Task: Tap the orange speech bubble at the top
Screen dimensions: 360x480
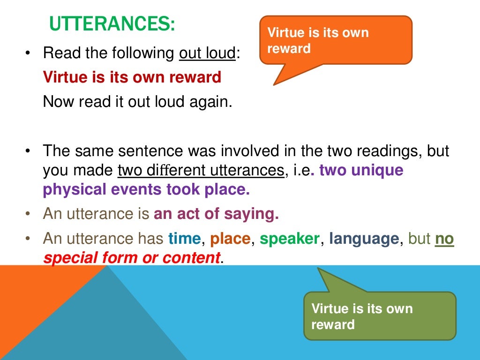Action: click(335, 40)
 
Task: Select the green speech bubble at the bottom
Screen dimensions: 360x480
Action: click(380, 316)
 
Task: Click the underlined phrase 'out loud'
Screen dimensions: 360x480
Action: click(207, 53)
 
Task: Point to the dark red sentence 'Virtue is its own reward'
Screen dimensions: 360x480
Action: click(132, 77)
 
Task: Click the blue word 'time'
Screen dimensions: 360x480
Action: click(185, 239)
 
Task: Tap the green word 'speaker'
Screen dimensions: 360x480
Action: click(290, 239)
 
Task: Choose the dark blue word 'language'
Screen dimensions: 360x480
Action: click(364, 239)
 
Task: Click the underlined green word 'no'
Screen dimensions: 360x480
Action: click(444, 239)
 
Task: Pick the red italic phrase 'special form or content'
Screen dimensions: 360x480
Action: click(131, 257)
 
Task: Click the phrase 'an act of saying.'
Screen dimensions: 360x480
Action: click(216, 214)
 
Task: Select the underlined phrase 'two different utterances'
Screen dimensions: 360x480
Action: click(201, 171)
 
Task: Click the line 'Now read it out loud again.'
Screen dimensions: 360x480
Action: click(137, 101)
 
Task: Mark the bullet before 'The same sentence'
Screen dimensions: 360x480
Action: click(28, 151)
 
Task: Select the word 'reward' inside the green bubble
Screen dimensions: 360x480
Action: click(333, 324)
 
